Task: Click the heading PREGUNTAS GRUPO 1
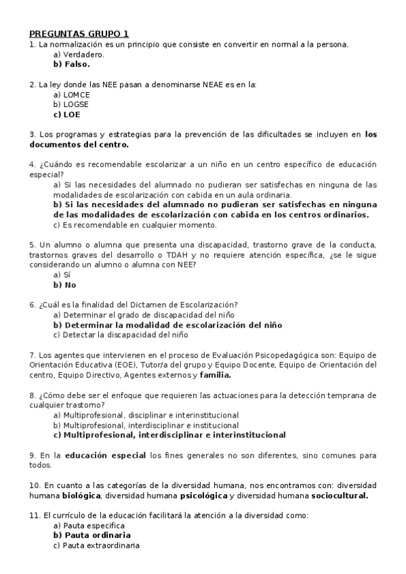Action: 78,33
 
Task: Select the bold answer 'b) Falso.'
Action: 71,64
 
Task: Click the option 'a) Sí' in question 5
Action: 62,275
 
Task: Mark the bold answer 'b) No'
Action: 64,285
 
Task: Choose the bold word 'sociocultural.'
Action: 336,495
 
